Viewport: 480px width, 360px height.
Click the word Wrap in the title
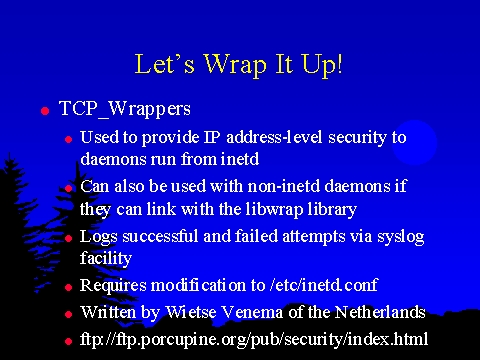[235, 65]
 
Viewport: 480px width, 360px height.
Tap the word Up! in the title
[322, 65]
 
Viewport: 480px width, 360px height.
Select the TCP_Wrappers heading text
[125, 109]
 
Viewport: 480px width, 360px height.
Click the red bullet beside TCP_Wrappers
[45, 111]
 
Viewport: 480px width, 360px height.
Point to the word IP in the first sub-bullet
[212, 138]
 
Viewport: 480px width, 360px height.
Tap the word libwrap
[274, 210]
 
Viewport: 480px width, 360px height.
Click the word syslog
[401, 237]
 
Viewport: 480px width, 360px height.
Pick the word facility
[106, 258]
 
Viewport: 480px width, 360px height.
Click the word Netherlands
[380, 313]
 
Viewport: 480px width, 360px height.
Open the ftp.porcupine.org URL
[254, 340]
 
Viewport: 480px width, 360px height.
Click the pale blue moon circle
[414, 142]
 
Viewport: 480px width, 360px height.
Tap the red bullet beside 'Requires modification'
[69, 287]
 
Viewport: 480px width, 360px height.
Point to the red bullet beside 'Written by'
[69, 314]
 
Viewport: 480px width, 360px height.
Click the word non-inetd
[284, 186]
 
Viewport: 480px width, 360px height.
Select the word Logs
[99, 237]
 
